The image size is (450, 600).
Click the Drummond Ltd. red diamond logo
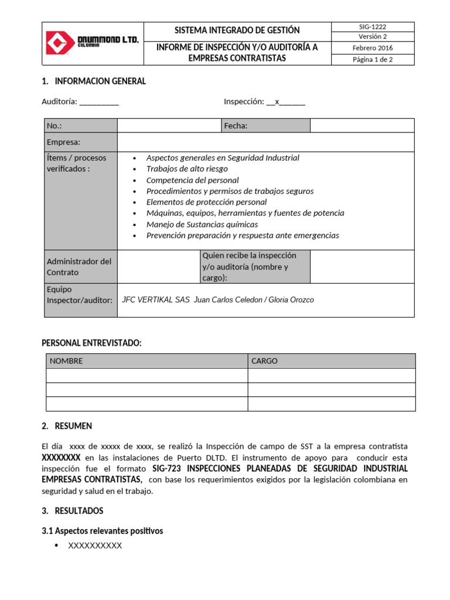61,43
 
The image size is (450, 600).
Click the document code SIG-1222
373,27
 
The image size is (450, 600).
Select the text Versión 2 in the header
373,36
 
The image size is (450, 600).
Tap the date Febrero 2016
373,48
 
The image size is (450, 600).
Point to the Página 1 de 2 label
373,59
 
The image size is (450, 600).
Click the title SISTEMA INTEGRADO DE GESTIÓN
237,30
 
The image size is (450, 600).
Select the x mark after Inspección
277,101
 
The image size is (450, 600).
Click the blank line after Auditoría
99,102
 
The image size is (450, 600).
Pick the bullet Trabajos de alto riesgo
187,169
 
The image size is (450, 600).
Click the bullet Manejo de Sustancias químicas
202,224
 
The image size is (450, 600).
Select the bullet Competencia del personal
192,180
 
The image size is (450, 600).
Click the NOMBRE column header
66,361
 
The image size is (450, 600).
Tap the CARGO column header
264,361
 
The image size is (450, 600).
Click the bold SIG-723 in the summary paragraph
166,469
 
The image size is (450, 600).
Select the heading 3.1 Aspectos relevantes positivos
102,531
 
